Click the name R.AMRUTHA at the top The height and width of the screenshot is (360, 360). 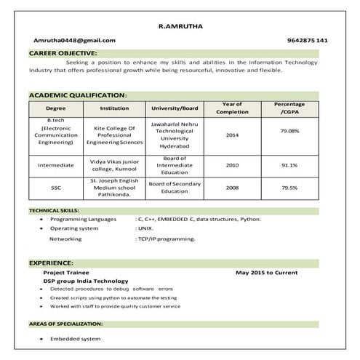pos(180,26)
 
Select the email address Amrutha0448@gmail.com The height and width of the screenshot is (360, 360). pos(74,40)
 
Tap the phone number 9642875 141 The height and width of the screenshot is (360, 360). pos(307,40)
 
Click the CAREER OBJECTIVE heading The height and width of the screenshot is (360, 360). pos(63,54)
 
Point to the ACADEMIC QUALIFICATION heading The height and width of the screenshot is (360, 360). pos(78,95)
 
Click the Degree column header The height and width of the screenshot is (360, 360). pos(56,108)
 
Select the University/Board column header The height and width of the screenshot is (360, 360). pos(175,108)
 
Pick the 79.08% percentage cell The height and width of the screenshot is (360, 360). pos(289,131)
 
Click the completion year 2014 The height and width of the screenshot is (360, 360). pos(232,135)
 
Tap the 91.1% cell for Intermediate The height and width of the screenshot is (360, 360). pos(289,165)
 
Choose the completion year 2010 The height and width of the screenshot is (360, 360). pos(232,165)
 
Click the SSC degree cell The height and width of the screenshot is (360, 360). pos(56,187)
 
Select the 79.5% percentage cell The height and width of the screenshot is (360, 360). pos(289,187)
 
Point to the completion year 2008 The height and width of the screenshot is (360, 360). pos(232,187)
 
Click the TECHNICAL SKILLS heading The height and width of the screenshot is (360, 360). pos(54,210)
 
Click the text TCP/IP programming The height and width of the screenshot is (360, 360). pos(167,239)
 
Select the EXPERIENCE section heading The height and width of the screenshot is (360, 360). pos(51,262)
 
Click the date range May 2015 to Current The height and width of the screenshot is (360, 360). pos(267,272)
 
